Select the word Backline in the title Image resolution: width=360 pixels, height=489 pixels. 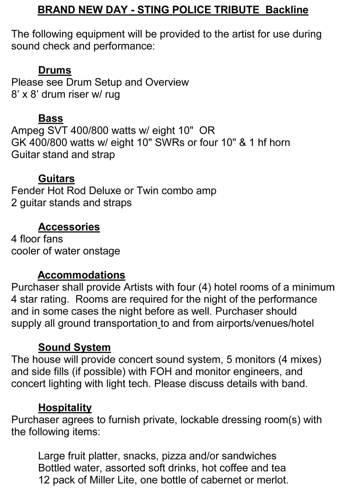coord(287,10)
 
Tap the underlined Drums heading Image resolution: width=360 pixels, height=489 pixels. coord(55,70)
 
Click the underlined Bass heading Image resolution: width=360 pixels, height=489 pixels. coord(51,118)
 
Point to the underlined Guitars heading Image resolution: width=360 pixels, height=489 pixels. coord(57,178)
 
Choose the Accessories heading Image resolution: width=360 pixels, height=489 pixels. coord(69,227)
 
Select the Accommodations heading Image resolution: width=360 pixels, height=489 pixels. coord(81,275)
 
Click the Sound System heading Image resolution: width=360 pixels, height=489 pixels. coord(75,347)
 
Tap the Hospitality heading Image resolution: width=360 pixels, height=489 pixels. coord(65,407)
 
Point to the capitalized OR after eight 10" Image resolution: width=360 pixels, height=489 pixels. coord(207,130)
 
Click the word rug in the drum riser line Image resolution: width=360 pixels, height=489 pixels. coord(112,95)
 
